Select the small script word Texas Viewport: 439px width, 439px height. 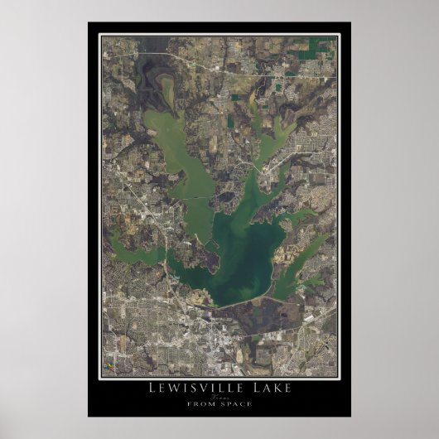click(219, 398)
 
